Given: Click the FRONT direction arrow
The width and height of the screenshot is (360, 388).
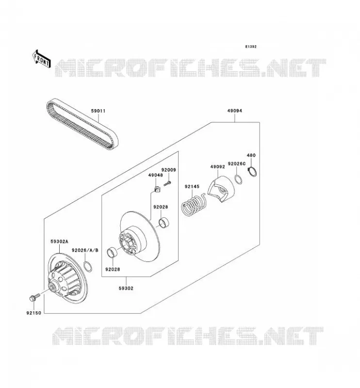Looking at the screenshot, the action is click(42, 59).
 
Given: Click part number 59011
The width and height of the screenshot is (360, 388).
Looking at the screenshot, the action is click(98, 111).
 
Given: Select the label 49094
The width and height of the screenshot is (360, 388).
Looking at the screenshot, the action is click(235, 111).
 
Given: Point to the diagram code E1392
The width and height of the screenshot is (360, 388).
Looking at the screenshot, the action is click(251, 47).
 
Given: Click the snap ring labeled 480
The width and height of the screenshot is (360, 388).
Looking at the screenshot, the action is click(252, 172).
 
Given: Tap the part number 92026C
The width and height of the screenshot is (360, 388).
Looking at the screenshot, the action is click(237, 164).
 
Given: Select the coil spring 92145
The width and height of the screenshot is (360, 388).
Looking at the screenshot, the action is click(194, 205).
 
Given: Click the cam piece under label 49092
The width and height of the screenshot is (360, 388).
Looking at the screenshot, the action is click(221, 189).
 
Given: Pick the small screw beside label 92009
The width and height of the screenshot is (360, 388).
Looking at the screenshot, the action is click(167, 183).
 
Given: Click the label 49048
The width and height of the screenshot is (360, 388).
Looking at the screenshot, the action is click(155, 175).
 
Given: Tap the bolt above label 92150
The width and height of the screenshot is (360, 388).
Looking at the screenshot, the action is click(34, 297).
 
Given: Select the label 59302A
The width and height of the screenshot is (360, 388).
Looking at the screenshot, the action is click(59, 241).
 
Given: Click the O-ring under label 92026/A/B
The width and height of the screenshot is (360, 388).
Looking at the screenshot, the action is click(88, 266).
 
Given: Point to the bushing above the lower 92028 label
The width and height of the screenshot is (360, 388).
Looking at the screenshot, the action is click(112, 253).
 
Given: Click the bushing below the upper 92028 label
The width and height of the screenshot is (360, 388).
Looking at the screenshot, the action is click(164, 222).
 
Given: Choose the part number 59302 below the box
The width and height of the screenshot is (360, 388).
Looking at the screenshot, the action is click(126, 288).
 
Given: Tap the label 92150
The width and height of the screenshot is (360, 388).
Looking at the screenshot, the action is click(33, 313).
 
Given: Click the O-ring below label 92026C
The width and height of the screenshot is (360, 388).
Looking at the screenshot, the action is click(238, 179).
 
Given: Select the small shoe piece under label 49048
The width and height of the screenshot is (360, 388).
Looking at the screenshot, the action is click(157, 190).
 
